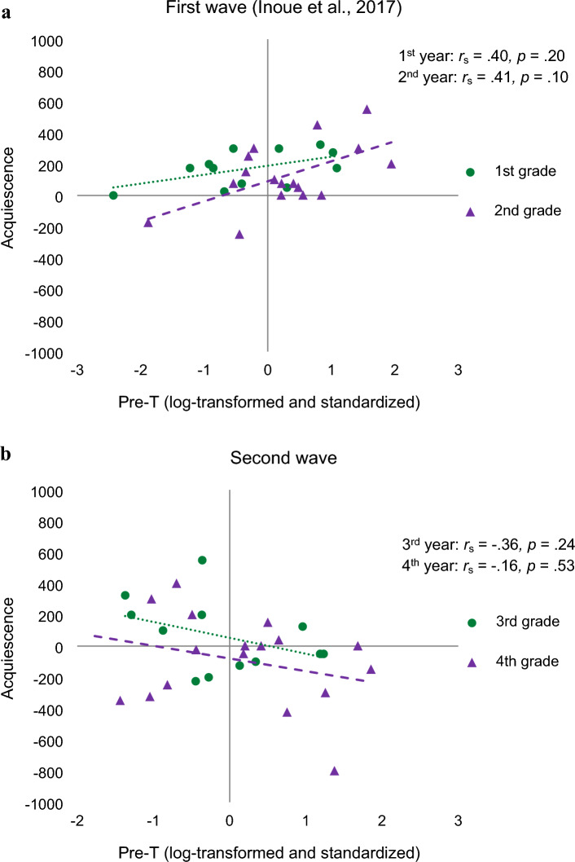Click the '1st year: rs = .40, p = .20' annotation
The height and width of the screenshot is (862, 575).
477,58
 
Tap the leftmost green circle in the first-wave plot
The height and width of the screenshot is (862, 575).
113,196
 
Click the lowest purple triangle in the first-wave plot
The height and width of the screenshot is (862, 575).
239,234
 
